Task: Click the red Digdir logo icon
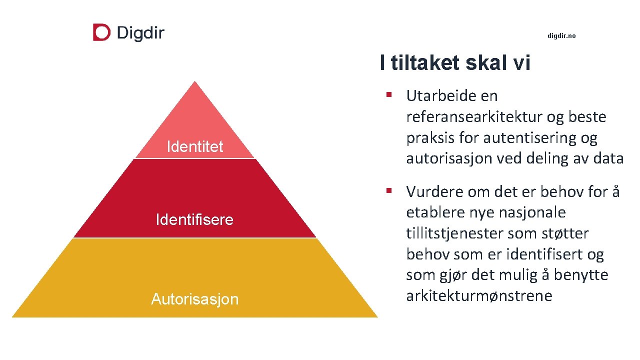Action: click(x=101, y=32)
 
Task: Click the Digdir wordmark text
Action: click(x=140, y=33)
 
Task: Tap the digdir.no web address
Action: click(x=561, y=36)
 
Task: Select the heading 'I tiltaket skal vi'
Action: click(x=454, y=63)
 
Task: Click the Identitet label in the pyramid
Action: click(x=194, y=147)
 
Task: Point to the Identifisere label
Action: click(x=194, y=220)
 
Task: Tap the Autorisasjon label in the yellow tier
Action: click(x=194, y=299)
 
